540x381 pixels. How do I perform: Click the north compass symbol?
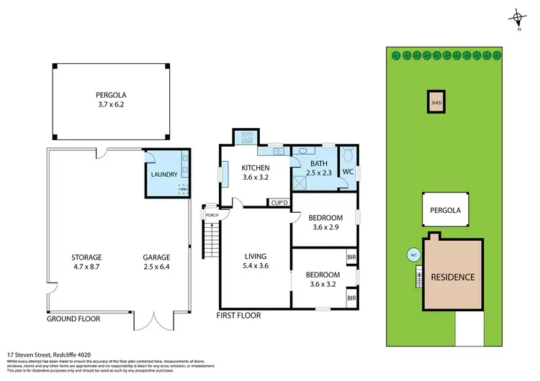click(518, 19)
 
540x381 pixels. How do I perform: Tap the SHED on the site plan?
click(436, 102)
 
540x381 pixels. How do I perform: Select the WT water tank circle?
click(414, 254)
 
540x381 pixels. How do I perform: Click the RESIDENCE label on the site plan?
click(452, 277)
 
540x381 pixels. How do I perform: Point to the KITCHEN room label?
click(255, 173)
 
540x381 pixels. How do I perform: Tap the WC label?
click(347, 172)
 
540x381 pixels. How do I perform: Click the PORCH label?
click(212, 215)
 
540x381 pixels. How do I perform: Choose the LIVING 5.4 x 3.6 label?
click(256, 261)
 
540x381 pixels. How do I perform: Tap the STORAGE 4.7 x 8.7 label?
click(86, 262)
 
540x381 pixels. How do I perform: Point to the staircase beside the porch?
click(211, 242)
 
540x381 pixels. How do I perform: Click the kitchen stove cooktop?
click(246, 137)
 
